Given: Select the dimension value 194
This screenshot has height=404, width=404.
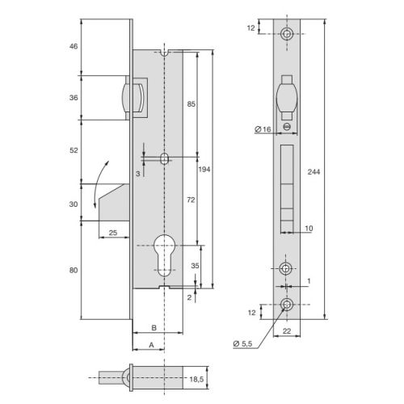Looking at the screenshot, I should click(x=205, y=170).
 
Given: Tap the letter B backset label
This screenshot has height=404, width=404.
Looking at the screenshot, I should click(x=154, y=328).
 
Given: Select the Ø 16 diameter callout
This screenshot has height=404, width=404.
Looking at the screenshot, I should click(x=261, y=130).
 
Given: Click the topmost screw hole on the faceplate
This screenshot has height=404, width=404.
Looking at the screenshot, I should click(x=288, y=33).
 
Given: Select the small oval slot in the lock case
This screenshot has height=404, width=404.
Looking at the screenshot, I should click(x=164, y=159).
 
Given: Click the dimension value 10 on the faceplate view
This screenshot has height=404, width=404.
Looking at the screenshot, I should click(x=310, y=229).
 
